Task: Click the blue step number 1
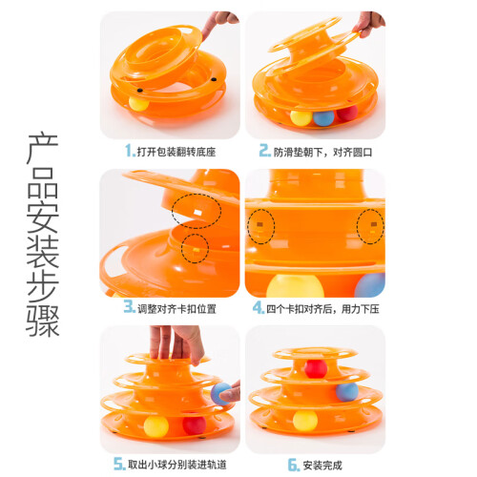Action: click(x=129, y=151)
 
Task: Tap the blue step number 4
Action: click(x=257, y=308)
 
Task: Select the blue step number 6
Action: click(x=293, y=465)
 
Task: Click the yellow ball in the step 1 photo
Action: click(x=138, y=103)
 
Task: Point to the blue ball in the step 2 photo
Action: click(x=323, y=118)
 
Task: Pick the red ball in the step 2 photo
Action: click(x=347, y=114)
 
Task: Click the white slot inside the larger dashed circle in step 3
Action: click(x=197, y=213)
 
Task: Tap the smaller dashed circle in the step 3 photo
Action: click(x=195, y=248)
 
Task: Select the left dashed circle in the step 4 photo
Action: click(x=260, y=227)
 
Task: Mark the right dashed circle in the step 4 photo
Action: click(x=370, y=227)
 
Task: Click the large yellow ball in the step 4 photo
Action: click(x=295, y=286)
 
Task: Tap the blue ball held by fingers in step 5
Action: click(x=221, y=394)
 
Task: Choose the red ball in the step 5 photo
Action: click(x=195, y=425)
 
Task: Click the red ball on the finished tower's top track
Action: click(x=316, y=368)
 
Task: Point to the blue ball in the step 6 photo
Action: click(x=347, y=392)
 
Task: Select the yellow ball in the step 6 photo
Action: click(x=305, y=421)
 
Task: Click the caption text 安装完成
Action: click(x=322, y=466)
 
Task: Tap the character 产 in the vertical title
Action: click(x=43, y=149)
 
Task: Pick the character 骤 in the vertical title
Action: click(x=43, y=321)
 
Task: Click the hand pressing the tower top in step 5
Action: click(x=176, y=344)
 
